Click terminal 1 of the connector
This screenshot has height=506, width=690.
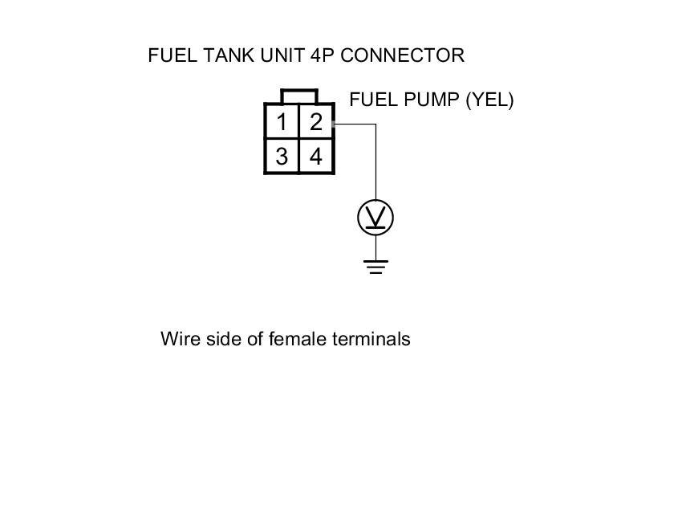pyautogui.click(x=282, y=123)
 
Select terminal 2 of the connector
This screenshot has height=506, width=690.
pyautogui.click(x=316, y=123)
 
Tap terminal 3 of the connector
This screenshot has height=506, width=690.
pyautogui.click(x=282, y=157)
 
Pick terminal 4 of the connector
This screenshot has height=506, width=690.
pyautogui.click(x=316, y=157)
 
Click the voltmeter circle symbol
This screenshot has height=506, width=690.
pyautogui.click(x=375, y=218)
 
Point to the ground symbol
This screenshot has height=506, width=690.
pyautogui.click(x=375, y=266)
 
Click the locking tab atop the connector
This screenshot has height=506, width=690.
pyautogui.click(x=299, y=96)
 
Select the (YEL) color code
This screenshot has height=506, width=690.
pyautogui.click(x=489, y=100)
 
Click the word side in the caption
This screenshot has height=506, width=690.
pyautogui.click(x=221, y=338)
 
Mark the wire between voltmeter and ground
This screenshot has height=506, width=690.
pyautogui.click(x=375, y=247)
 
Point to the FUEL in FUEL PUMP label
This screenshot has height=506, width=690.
pyautogui.click(x=371, y=100)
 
